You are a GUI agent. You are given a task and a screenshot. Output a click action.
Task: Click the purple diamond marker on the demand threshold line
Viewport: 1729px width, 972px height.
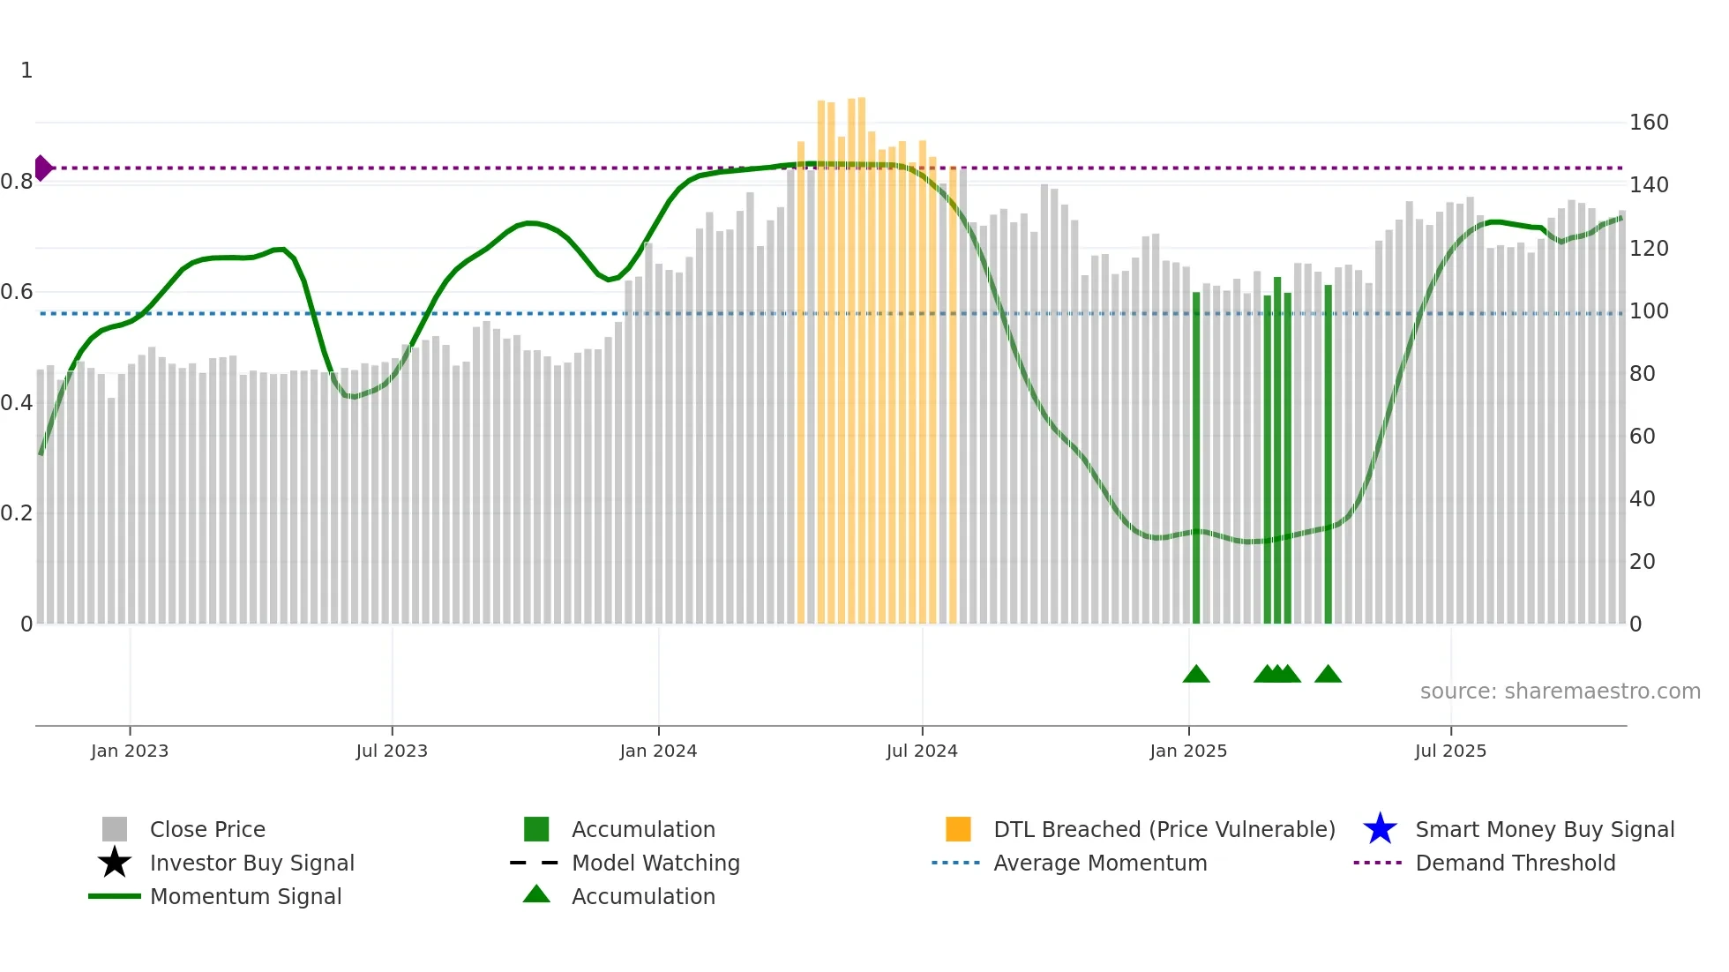coord(43,168)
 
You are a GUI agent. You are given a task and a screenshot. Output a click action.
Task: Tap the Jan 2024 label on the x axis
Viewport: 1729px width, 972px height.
coord(658,751)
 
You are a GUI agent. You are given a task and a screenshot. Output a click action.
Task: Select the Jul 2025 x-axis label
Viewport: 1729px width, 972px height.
coord(1450,751)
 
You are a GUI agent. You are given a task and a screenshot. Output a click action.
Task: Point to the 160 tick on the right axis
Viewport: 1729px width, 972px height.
coord(1648,123)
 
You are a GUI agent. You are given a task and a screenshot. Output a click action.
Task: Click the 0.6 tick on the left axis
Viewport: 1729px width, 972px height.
coord(16,292)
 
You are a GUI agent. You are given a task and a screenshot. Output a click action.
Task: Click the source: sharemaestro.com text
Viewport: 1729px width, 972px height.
coord(1560,692)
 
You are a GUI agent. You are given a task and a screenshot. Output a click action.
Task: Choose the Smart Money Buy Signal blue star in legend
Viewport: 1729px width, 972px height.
coord(1380,829)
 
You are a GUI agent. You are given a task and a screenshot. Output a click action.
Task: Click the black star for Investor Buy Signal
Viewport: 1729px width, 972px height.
coord(115,863)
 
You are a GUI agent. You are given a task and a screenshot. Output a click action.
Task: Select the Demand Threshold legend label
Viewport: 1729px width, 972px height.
coord(1515,863)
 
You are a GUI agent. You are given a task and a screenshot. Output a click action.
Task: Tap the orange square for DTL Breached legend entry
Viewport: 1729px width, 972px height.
coord(958,829)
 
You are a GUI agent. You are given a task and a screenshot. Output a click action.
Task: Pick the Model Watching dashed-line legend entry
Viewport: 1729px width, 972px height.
coord(535,863)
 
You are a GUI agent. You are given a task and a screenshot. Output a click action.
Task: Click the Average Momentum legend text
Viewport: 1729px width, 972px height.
coord(1099,863)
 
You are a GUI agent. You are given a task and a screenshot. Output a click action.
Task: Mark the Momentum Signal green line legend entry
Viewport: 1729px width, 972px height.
coord(115,896)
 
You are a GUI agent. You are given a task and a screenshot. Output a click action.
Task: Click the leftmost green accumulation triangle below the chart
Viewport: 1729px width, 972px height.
coord(1196,675)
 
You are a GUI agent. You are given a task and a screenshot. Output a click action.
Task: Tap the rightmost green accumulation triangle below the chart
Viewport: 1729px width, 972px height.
coord(1328,675)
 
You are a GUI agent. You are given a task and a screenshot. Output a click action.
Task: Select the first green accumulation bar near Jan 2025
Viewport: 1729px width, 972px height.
coord(1196,459)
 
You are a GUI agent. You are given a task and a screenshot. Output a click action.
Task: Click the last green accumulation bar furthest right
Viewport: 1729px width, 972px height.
coord(1328,454)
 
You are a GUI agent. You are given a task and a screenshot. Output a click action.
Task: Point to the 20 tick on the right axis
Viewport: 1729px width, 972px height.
coord(1642,562)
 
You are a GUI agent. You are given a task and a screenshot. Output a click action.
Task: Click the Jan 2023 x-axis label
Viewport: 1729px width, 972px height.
coord(130,751)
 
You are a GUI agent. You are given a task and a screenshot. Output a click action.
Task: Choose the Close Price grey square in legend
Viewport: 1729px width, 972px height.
coord(115,829)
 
